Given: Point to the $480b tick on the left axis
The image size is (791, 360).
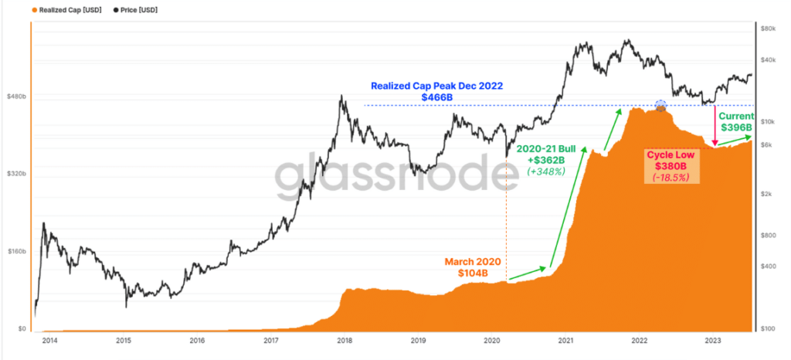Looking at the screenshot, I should click(16, 97).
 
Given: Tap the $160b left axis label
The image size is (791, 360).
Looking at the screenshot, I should click(16, 252).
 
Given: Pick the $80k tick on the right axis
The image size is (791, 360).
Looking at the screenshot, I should click(769, 29).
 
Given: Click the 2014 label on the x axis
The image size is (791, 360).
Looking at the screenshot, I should click(49, 340).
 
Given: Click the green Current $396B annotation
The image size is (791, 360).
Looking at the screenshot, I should click(736, 121).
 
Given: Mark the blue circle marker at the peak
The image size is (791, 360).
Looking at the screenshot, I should click(660, 106).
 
